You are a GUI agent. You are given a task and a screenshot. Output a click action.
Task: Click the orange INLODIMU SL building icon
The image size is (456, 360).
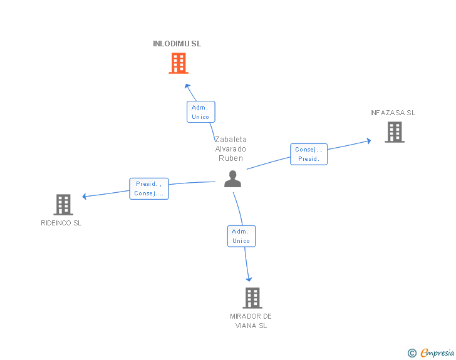tap(179, 63)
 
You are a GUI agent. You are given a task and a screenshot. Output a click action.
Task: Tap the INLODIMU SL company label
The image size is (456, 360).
tap(177, 44)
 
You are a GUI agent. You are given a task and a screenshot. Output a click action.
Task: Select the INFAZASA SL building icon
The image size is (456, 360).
tap(394, 132)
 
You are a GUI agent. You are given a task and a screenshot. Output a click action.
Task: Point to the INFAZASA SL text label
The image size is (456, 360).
tap(393, 113)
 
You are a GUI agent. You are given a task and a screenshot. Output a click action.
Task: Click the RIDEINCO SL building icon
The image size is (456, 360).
tap(63, 204)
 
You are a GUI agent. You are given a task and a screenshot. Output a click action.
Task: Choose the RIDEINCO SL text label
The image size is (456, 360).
tap(61, 223)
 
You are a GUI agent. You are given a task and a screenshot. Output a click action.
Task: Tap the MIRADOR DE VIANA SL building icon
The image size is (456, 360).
tap(252, 297)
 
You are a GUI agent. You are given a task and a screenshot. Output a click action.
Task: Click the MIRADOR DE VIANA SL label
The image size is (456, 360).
tap(251, 321)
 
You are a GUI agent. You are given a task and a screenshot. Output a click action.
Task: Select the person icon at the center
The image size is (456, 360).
tap(232, 179)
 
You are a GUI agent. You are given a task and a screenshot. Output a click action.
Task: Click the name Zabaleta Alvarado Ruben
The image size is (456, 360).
tap(231, 149)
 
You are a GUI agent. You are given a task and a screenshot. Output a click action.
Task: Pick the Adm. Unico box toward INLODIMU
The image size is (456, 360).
tap(200, 112)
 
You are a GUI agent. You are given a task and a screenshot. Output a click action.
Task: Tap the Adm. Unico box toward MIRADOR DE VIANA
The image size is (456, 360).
tap(241, 236)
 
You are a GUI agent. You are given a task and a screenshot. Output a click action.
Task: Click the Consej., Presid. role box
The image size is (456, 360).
tap(309, 154)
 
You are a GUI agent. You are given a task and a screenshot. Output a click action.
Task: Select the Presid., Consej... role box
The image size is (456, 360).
tap(149, 188)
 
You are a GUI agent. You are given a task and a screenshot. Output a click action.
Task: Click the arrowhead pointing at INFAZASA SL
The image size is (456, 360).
tap(368, 141)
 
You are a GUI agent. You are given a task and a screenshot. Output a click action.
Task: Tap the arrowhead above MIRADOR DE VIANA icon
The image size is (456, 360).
tap(249, 279)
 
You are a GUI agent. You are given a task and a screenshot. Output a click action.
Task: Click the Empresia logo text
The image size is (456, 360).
tap(437, 352)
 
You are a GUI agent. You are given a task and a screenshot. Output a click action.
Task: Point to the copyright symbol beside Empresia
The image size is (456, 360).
tap(412, 353)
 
